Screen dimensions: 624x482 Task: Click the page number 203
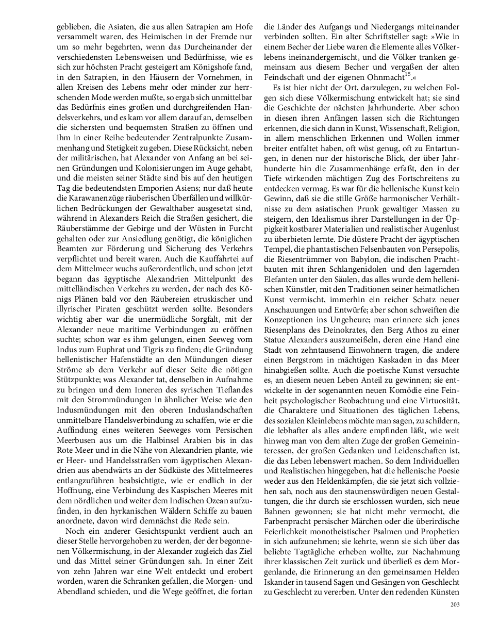click(x=454, y=604)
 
